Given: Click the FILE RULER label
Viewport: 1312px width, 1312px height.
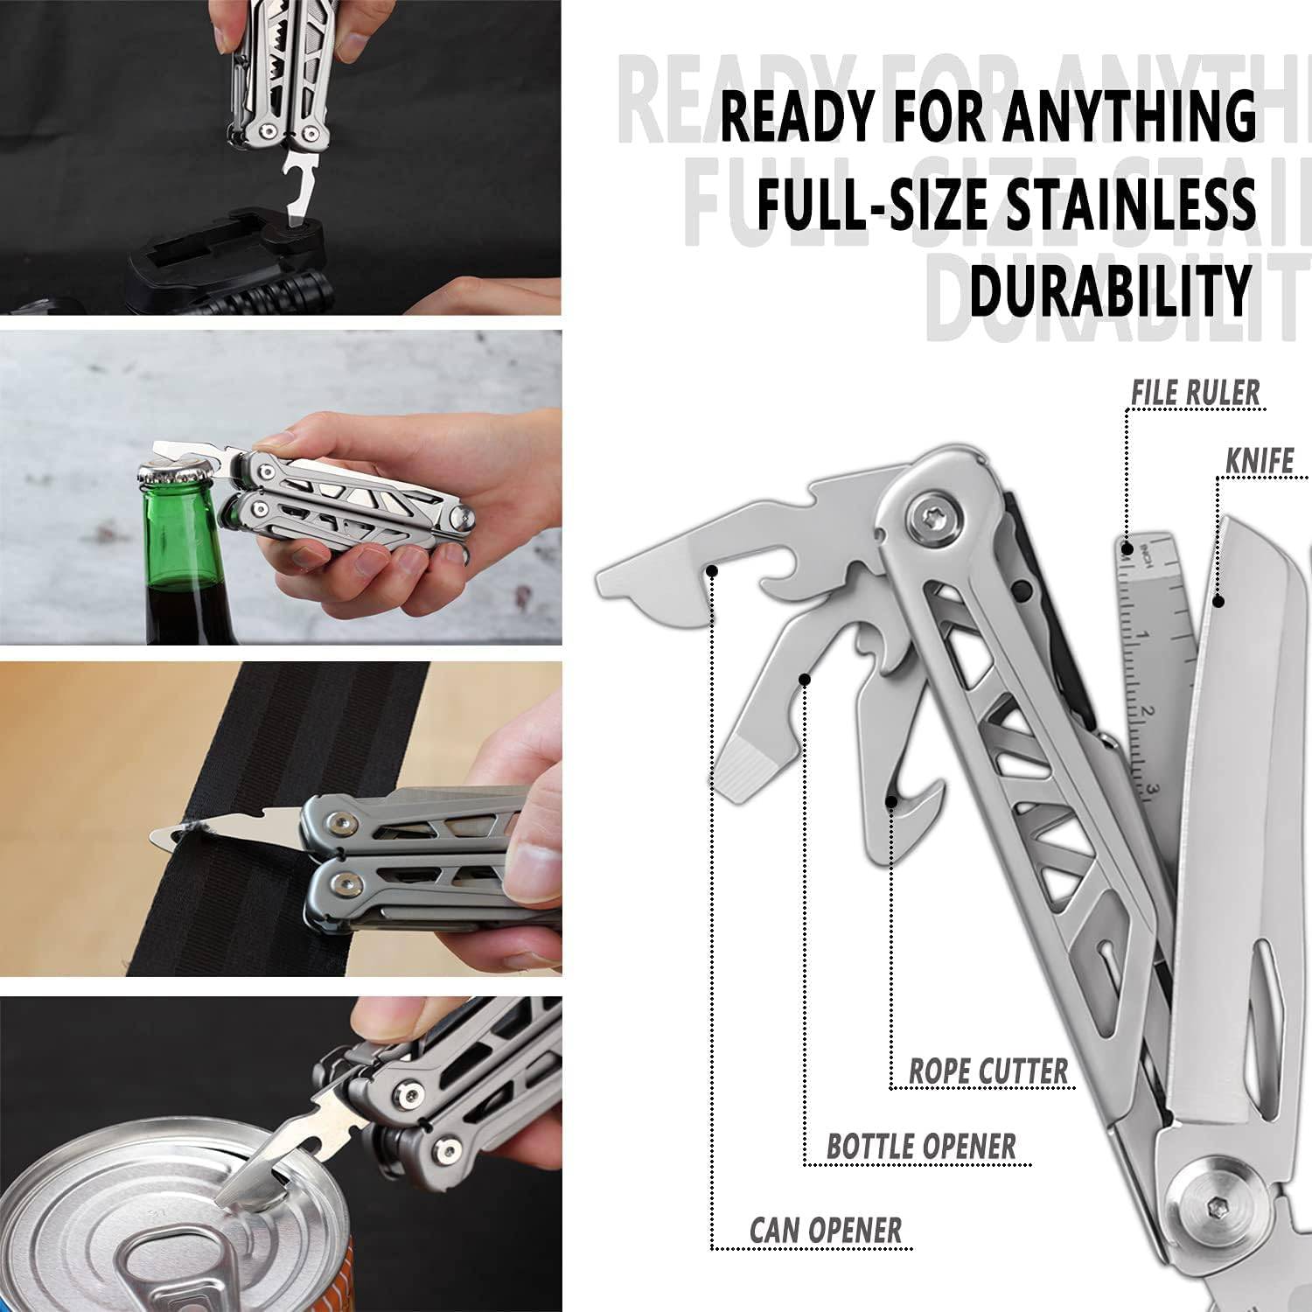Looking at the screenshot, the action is coord(1195,392).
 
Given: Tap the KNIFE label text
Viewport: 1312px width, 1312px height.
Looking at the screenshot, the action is coord(1259,460).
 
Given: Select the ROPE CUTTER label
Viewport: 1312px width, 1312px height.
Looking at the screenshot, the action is coord(988,1071).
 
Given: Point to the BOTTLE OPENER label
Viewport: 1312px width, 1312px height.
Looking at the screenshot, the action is coord(921,1146).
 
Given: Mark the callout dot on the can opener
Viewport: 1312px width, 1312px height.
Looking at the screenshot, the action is coord(713,571).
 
